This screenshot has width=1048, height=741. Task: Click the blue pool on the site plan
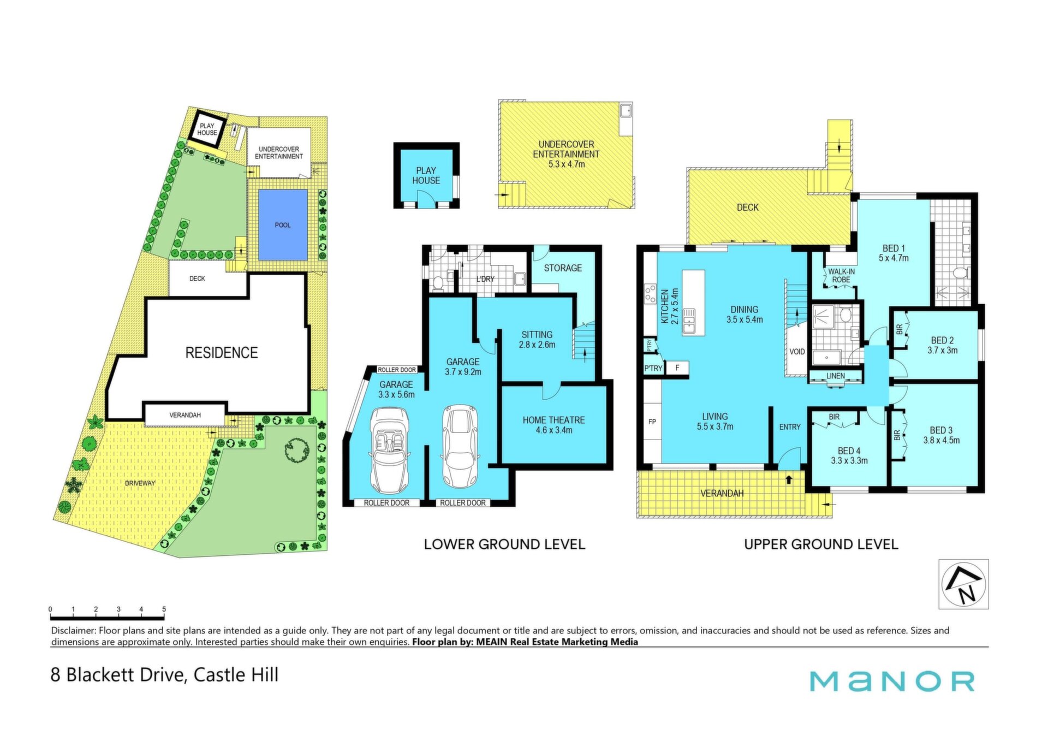tap(283, 224)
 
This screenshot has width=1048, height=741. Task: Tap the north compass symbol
tap(964, 584)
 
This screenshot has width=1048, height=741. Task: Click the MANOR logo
tap(892, 681)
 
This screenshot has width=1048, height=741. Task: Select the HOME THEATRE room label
tap(553, 425)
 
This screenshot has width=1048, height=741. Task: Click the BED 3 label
tap(941, 435)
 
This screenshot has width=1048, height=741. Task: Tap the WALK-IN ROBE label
tap(841, 276)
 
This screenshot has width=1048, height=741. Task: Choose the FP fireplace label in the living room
tap(652, 422)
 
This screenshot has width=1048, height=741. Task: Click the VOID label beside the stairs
tap(797, 352)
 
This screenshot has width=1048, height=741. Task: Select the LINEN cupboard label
tap(835, 376)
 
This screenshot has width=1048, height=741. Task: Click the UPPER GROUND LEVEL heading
tap(821, 544)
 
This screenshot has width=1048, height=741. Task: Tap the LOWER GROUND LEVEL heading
tap(504, 544)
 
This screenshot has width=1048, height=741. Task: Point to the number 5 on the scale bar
tap(164, 609)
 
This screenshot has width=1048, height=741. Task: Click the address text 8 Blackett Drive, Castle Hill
tap(164, 675)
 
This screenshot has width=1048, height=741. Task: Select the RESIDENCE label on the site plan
tap(222, 353)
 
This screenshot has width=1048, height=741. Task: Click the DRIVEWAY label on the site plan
tap(140, 483)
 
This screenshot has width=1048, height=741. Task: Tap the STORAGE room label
tap(563, 268)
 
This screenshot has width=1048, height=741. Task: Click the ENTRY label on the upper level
tap(790, 427)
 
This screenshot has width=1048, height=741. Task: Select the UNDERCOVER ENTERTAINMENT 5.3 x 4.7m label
tap(566, 154)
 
